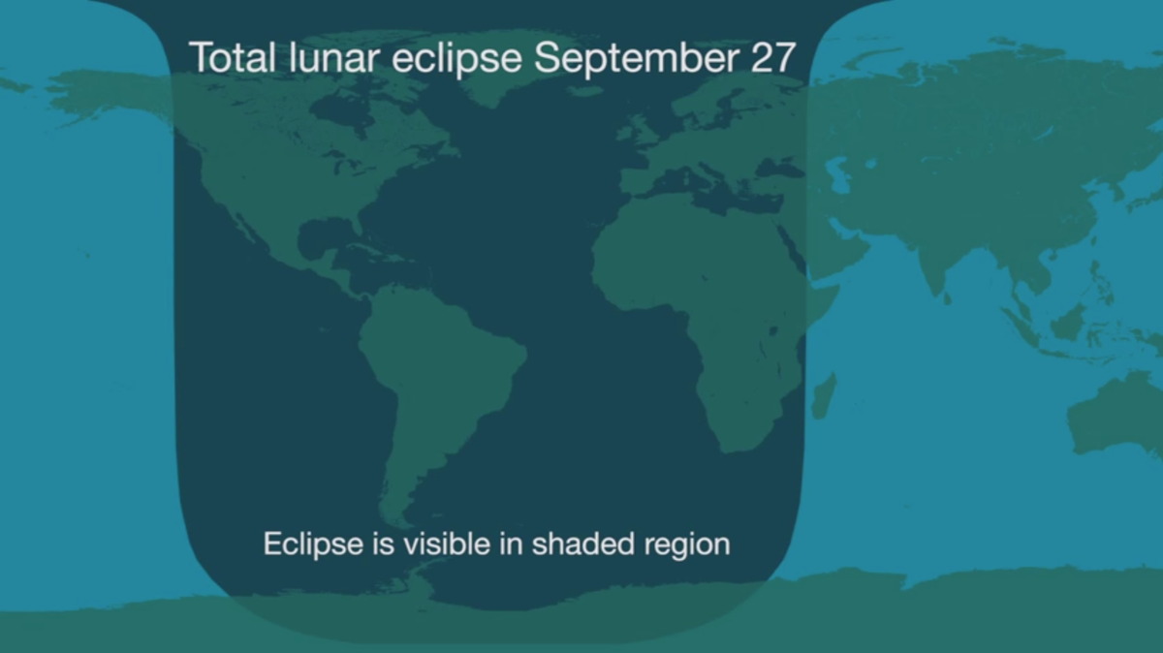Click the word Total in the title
(232, 56)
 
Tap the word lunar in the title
(333, 56)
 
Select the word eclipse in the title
(456, 59)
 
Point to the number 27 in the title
(773, 57)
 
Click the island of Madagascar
(825, 395)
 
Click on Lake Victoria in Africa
(773, 330)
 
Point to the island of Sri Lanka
(947, 298)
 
